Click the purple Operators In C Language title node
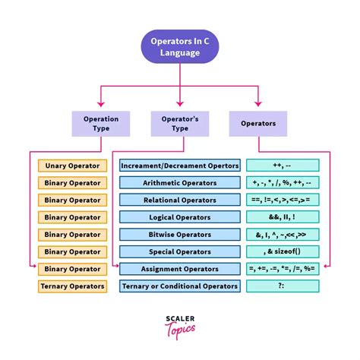click(x=180, y=46)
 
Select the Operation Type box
click(x=101, y=124)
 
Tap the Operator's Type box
click(x=180, y=124)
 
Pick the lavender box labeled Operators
click(x=258, y=124)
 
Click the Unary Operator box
click(x=72, y=166)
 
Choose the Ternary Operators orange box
click(x=72, y=286)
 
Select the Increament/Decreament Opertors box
click(x=180, y=166)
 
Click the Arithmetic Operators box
click(x=180, y=183)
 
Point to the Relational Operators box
click(x=180, y=200)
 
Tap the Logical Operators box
click(x=180, y=217)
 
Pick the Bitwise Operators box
click(x=180, y=235)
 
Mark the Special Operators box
click(x=180, y=251)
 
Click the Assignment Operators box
click(x=180, y=269)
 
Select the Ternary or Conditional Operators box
click(x=180, y=286)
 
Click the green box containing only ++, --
click(x=283, y=166)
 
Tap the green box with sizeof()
click(x=283, y=251)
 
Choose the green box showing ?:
click(x=283, y=286)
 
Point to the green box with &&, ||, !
click(x=283, y=217)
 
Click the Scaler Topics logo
click(x=180, y=327)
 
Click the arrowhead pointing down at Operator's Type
click(x=180, y=104)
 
